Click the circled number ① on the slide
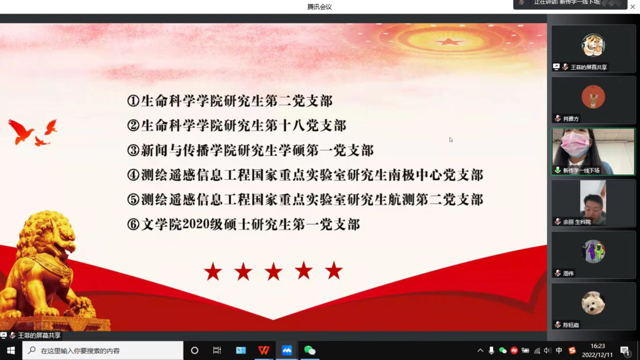coord(133,101)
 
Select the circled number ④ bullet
coord(133,175)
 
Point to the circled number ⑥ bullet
coord(133,225)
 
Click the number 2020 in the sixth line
coord(196,224)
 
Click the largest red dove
coord(21,131)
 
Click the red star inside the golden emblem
coord(449,42)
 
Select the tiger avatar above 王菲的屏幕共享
coord(593,45)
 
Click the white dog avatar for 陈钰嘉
coord(593,303)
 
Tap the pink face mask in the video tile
coord(575,144)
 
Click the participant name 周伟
coord(568,273)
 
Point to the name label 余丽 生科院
coord(577,222)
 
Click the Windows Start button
coord(11,350)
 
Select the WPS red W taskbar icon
coord(264,350)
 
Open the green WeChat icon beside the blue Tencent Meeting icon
coord(310,350)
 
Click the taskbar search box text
coord(80,351)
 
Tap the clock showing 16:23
coord(598,346)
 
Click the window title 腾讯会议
coord(320,7)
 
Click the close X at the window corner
coord(633,7)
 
